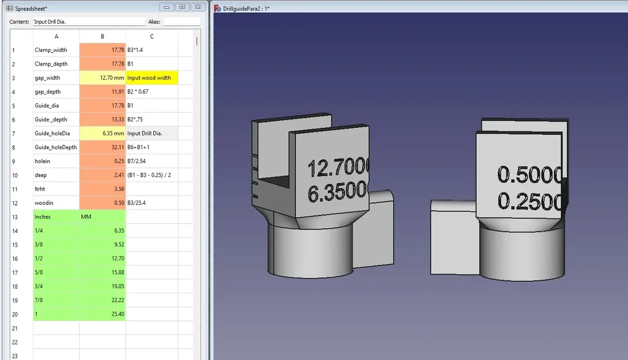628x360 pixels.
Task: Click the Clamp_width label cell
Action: (x=56, y=50)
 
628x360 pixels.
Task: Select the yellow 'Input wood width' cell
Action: (x=152, y=78)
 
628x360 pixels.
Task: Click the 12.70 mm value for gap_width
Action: (x=102, y=78)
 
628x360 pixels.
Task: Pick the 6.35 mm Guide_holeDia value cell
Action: (x=102, y=133)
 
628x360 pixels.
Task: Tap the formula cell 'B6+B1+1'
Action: (x=152, y=147)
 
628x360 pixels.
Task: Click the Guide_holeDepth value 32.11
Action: (x=102, y=147)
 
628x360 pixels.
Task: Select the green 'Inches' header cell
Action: (x=56, y=217)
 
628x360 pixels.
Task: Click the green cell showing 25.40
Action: (x=102, y=314)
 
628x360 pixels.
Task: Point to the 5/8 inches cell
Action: (x=56, y=272)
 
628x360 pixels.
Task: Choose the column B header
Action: (x=102, y=36)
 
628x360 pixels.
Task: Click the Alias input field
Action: (x=182, y=21)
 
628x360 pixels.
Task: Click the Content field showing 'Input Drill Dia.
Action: (x=89, y=21)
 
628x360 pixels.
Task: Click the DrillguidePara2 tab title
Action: (x=250, y=8)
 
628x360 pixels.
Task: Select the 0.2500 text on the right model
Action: (x=530, y=200)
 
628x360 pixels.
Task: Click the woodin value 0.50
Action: (x=102, y=203)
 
